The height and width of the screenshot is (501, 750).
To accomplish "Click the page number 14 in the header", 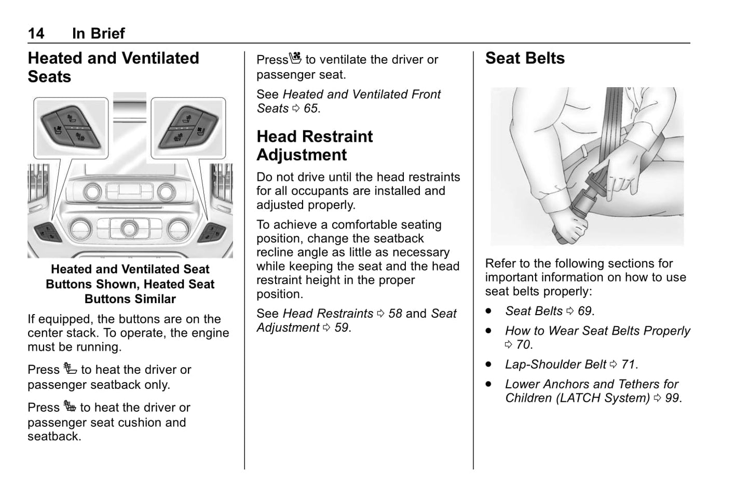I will click(x=36, y=34).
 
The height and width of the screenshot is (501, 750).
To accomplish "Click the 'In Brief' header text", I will click(x=98, y=34).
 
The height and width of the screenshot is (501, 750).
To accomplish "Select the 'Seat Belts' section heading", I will click(x=525, y=58).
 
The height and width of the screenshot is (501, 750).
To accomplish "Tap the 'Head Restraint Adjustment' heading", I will click(x=315, y=145).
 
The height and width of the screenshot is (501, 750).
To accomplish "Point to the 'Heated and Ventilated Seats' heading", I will click(x=113, y=67).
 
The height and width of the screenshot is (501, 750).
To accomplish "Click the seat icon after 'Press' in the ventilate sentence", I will click(x=295, y=59).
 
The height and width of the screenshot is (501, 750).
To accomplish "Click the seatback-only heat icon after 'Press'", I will click(x=70, y=369).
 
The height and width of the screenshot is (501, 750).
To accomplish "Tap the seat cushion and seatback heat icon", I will click(x=70, y=407).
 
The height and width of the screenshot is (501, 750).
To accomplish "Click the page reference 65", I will click(x=310, y=109).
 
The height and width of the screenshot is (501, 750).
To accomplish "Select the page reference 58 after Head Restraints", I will click(x=395, y=314).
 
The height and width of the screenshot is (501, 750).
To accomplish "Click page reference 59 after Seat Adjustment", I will click(x=341, y=328).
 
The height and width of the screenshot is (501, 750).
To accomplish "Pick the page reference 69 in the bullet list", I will click(x=584, y=311).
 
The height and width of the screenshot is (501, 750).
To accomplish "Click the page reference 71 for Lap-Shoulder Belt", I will click(x=628, y=364).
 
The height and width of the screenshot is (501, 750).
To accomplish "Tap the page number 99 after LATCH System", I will click(x=672, y=398).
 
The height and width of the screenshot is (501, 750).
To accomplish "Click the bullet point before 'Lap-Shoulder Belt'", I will click(x=488, y=364).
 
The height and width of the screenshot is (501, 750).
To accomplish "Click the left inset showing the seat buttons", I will click(x=71, y=128).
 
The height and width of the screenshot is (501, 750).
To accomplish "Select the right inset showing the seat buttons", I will click(x=188, y=128).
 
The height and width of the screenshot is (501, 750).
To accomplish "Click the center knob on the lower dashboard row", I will click(x=129, y=227).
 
